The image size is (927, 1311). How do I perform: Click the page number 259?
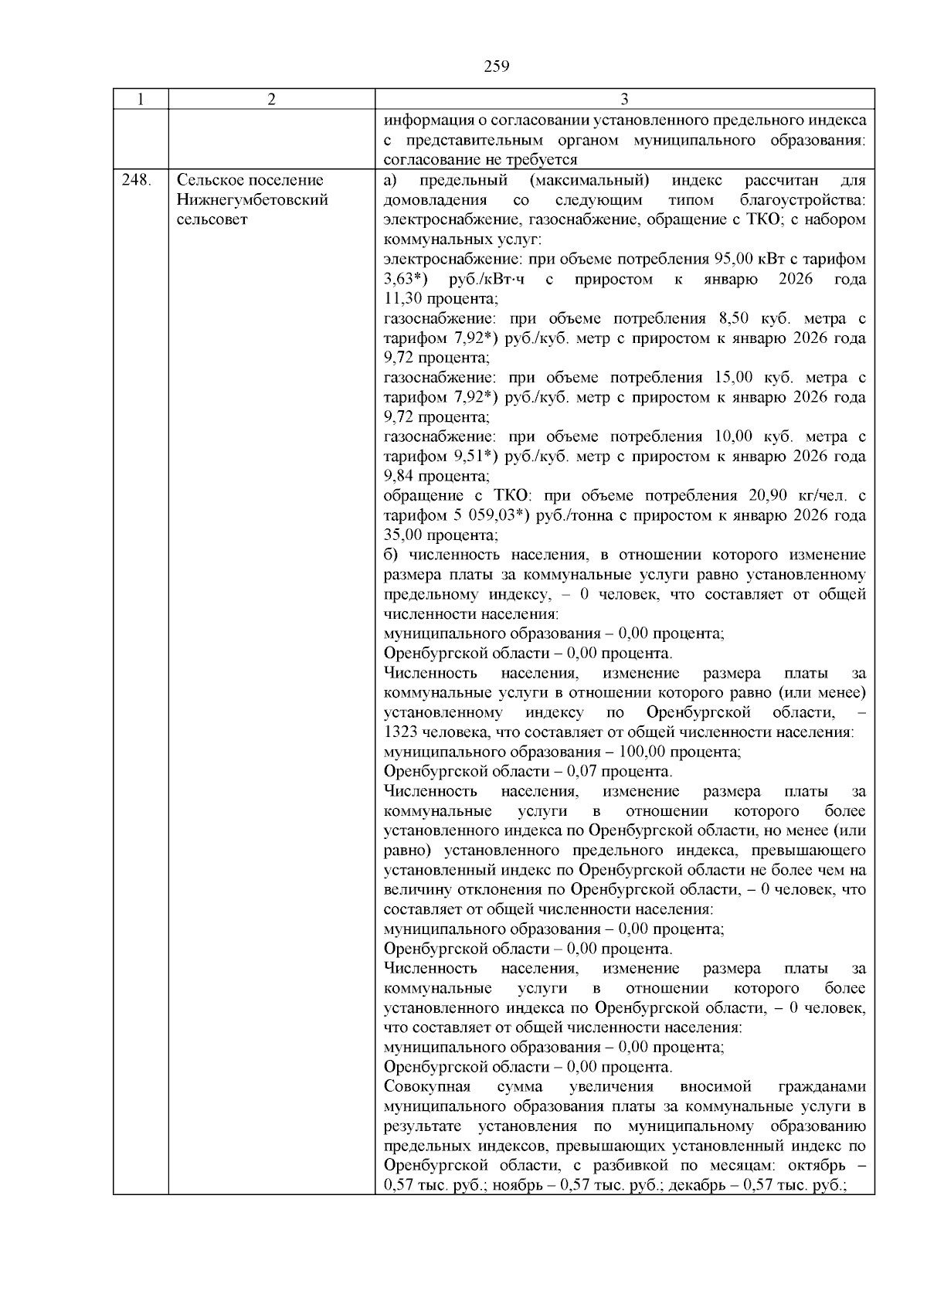click(497, 66)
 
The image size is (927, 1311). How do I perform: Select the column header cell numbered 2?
click(271, 100)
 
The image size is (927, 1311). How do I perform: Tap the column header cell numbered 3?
click(624, 100)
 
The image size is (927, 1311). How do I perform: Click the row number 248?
click(138, 180)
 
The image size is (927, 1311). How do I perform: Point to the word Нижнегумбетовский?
click(253, 200)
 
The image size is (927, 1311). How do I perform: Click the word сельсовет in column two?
click(212, 219)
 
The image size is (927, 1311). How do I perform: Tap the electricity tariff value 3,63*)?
click(406, 279)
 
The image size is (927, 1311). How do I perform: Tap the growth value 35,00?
click(403, 535)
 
